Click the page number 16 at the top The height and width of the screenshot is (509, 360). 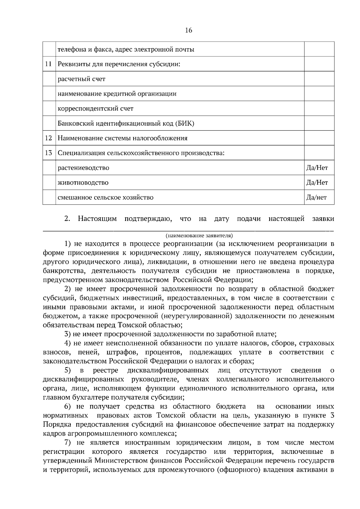point(189,30)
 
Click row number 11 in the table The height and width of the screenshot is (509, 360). point(49,64)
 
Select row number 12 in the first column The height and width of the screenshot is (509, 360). point(49,138)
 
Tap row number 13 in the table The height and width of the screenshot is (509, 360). point(49,153)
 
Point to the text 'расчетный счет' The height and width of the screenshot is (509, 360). point(81,79)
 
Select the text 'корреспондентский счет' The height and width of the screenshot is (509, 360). point(95,109)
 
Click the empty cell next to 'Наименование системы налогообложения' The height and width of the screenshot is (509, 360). point(319,138)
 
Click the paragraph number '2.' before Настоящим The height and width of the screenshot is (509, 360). point(67,219)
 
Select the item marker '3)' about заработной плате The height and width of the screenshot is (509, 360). point(68,334)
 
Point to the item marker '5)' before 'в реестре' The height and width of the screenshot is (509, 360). point(68,371)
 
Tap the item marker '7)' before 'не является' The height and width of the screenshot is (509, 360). point(68,443)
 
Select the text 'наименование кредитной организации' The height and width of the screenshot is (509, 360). point(117,94)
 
